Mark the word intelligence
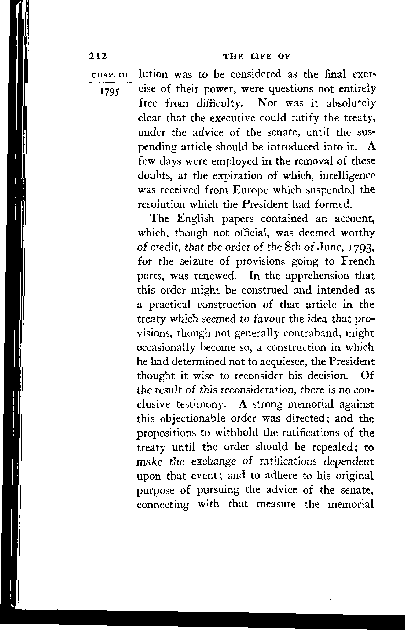coord(347,176)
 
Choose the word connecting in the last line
coord(163,505)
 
